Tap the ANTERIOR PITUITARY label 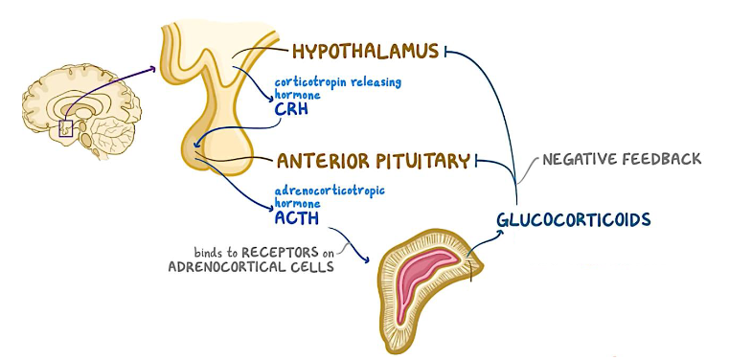pyautogui.click(x=373, y=160)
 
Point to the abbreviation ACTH pyautogui.click(x=296, y=217)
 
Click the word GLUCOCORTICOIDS pyautogui.click(x=574, y=219)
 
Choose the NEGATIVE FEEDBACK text pyautogui.click(x=622, y=158)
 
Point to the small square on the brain pyautogui.click(x=66, y=127)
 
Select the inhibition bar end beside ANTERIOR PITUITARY pyautogui.click(x=477, y=160)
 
